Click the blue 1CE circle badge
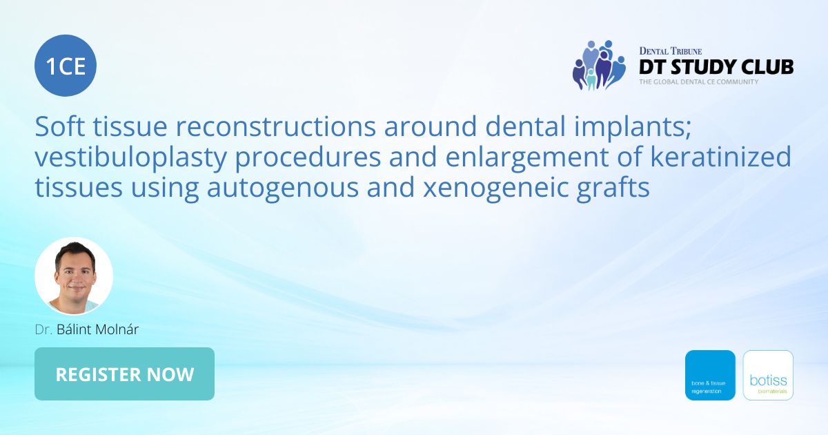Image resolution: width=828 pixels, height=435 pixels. click(x=66, y=66)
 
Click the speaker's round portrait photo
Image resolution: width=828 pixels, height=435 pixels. click(x=74, y=276)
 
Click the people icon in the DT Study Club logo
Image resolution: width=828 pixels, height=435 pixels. click(x=598, y=65)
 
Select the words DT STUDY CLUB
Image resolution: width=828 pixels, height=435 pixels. click(x=716, y=67)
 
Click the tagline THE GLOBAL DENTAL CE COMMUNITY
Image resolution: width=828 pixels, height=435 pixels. click(x=698, y=82)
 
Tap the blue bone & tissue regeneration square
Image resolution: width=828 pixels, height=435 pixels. click(x=710, y=375)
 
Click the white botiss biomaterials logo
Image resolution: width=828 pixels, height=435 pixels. click(x=768, y=375)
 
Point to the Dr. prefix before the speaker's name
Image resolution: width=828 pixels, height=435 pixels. click(x=43, y=329)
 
